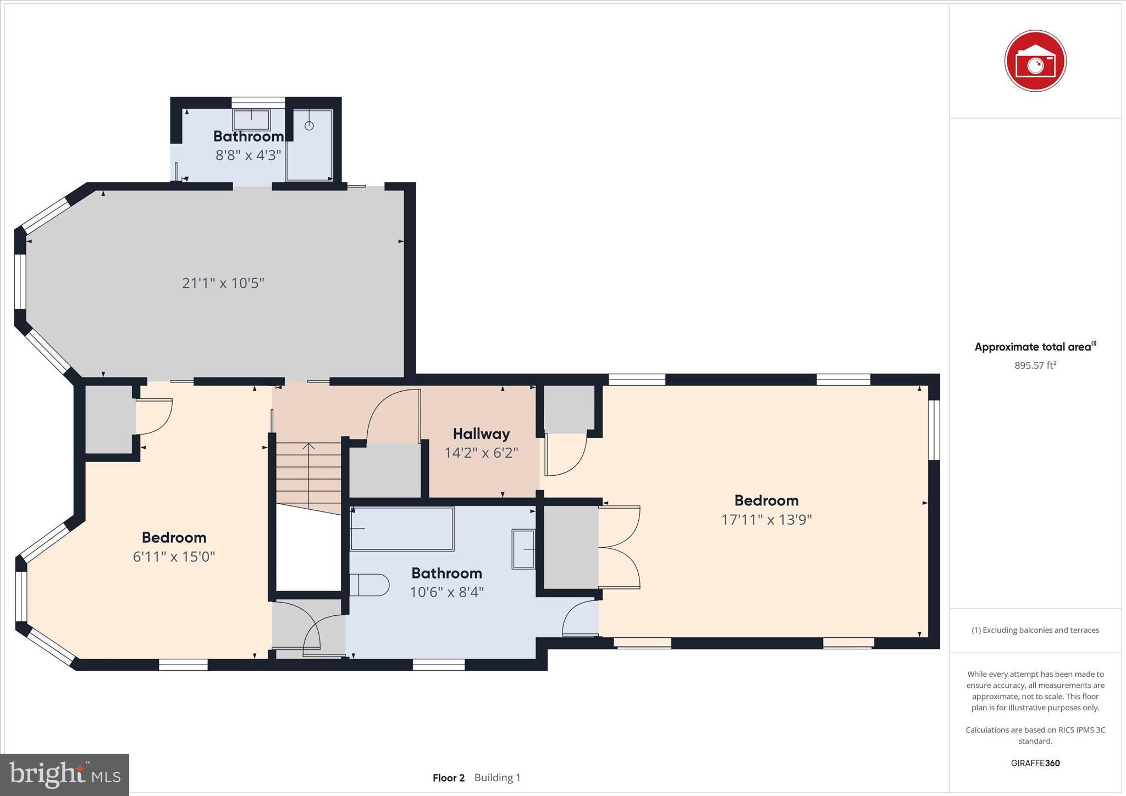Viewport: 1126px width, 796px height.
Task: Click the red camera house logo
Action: point(1035,61)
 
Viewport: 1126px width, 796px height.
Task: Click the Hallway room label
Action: point(481,434)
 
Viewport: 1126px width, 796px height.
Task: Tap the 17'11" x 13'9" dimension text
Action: point(766,520)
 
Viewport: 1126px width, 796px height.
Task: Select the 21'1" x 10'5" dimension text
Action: point(223,283)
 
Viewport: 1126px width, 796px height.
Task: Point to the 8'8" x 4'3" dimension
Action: point(248,155)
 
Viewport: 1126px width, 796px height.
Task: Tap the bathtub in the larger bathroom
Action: point(402,528)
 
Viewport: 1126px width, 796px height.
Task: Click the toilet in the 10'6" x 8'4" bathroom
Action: point(369,585)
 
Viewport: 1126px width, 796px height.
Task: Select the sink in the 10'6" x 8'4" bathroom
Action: point(523,549)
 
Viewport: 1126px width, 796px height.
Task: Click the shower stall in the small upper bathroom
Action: point(310,144)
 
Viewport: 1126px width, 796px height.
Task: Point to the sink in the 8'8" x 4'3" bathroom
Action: point(252,119)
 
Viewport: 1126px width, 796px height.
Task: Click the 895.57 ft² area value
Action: point(1035,365)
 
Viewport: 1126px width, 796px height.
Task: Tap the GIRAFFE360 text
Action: point(1035,763)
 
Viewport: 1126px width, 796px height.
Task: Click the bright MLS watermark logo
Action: point(65,775)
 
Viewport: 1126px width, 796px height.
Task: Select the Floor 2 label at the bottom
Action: point(448,778)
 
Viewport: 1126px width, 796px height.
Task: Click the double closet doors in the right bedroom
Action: point(620,547)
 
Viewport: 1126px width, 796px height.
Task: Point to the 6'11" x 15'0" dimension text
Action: point(174,557)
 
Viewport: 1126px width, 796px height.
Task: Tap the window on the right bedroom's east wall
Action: point(934,430)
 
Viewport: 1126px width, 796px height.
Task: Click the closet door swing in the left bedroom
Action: point(154,416)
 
